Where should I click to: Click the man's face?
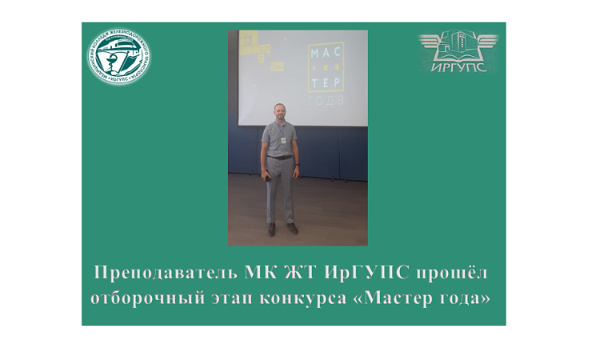pyautogui.click(x=279, y=113)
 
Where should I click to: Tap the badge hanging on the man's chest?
pyautogui.click(x=282, y=139)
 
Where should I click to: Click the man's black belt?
pyautogui.click(x=280, y=157)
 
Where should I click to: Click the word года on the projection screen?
pyautogui.click(x=328, y=101)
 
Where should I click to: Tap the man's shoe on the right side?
pyautogui.click(x=292, y=229)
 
